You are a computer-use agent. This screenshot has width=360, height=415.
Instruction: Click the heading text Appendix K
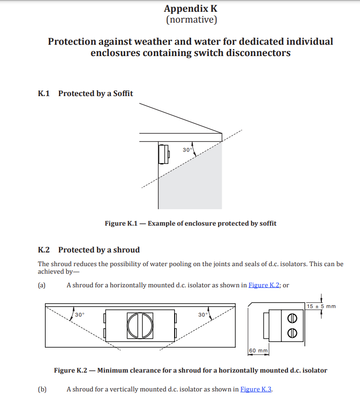[191, 8]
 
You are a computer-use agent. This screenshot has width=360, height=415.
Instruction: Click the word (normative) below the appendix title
[191, 20]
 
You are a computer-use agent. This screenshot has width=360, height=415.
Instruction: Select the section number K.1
[44, 93]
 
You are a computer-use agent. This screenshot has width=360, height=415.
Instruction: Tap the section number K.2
[44, 250]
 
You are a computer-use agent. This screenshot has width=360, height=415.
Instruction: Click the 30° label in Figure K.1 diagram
[187, 150]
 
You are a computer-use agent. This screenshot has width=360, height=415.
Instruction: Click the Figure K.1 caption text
[190, 223]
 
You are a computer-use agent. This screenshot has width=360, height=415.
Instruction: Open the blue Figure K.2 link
[264, 285]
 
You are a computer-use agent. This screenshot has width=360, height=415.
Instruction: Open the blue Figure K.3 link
[256, 389]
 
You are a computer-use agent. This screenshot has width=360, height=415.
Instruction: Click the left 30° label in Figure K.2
[80, 315]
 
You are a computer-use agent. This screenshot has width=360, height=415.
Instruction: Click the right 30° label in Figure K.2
[203, 315]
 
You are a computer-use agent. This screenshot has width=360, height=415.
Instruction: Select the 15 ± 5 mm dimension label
[321, 306]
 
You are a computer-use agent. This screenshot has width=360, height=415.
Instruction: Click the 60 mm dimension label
[258, 350]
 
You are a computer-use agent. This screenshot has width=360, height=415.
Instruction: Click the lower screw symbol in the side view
[292, 332]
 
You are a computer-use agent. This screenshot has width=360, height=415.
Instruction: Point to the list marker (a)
[42, 285]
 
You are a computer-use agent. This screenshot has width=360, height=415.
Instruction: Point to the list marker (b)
[42, 389]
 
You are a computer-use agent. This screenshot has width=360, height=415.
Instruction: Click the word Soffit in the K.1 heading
[122, 93]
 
